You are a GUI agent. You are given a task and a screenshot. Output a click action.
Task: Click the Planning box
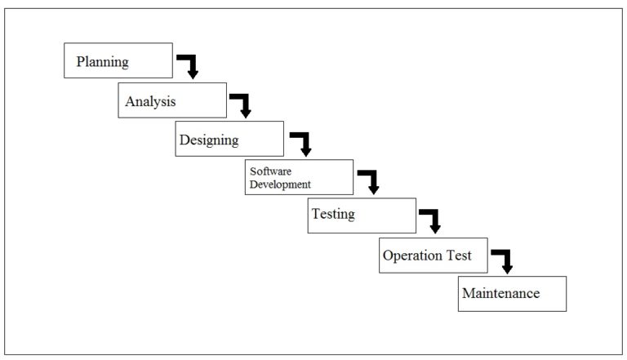[x=118, y=60]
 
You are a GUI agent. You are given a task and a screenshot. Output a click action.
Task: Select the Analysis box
[x=172, y=100]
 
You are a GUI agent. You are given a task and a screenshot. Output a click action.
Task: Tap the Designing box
[x=229, y=139]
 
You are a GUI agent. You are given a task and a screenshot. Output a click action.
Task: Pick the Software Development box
[x=299, y=177]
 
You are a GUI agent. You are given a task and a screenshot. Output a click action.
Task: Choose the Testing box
[x=362, y=216]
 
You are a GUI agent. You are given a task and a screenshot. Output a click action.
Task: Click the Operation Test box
[x=433, y=256]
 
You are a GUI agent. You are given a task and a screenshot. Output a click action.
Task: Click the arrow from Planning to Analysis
[x=189, y=66]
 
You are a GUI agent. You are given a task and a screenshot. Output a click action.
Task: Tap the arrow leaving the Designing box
[x=303, y=143]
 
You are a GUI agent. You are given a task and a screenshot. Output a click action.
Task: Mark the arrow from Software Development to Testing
[x=370, y=181]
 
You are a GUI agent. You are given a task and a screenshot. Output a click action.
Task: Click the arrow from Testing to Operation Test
[x=431, y=220]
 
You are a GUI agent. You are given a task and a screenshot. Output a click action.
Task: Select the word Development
[x=280, y=184]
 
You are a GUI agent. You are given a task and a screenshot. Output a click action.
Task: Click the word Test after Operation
[x=458, y=256]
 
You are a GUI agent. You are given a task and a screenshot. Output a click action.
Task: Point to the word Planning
[x=102, y=61]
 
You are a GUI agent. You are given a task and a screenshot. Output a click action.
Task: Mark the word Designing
[x=209, y=140]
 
